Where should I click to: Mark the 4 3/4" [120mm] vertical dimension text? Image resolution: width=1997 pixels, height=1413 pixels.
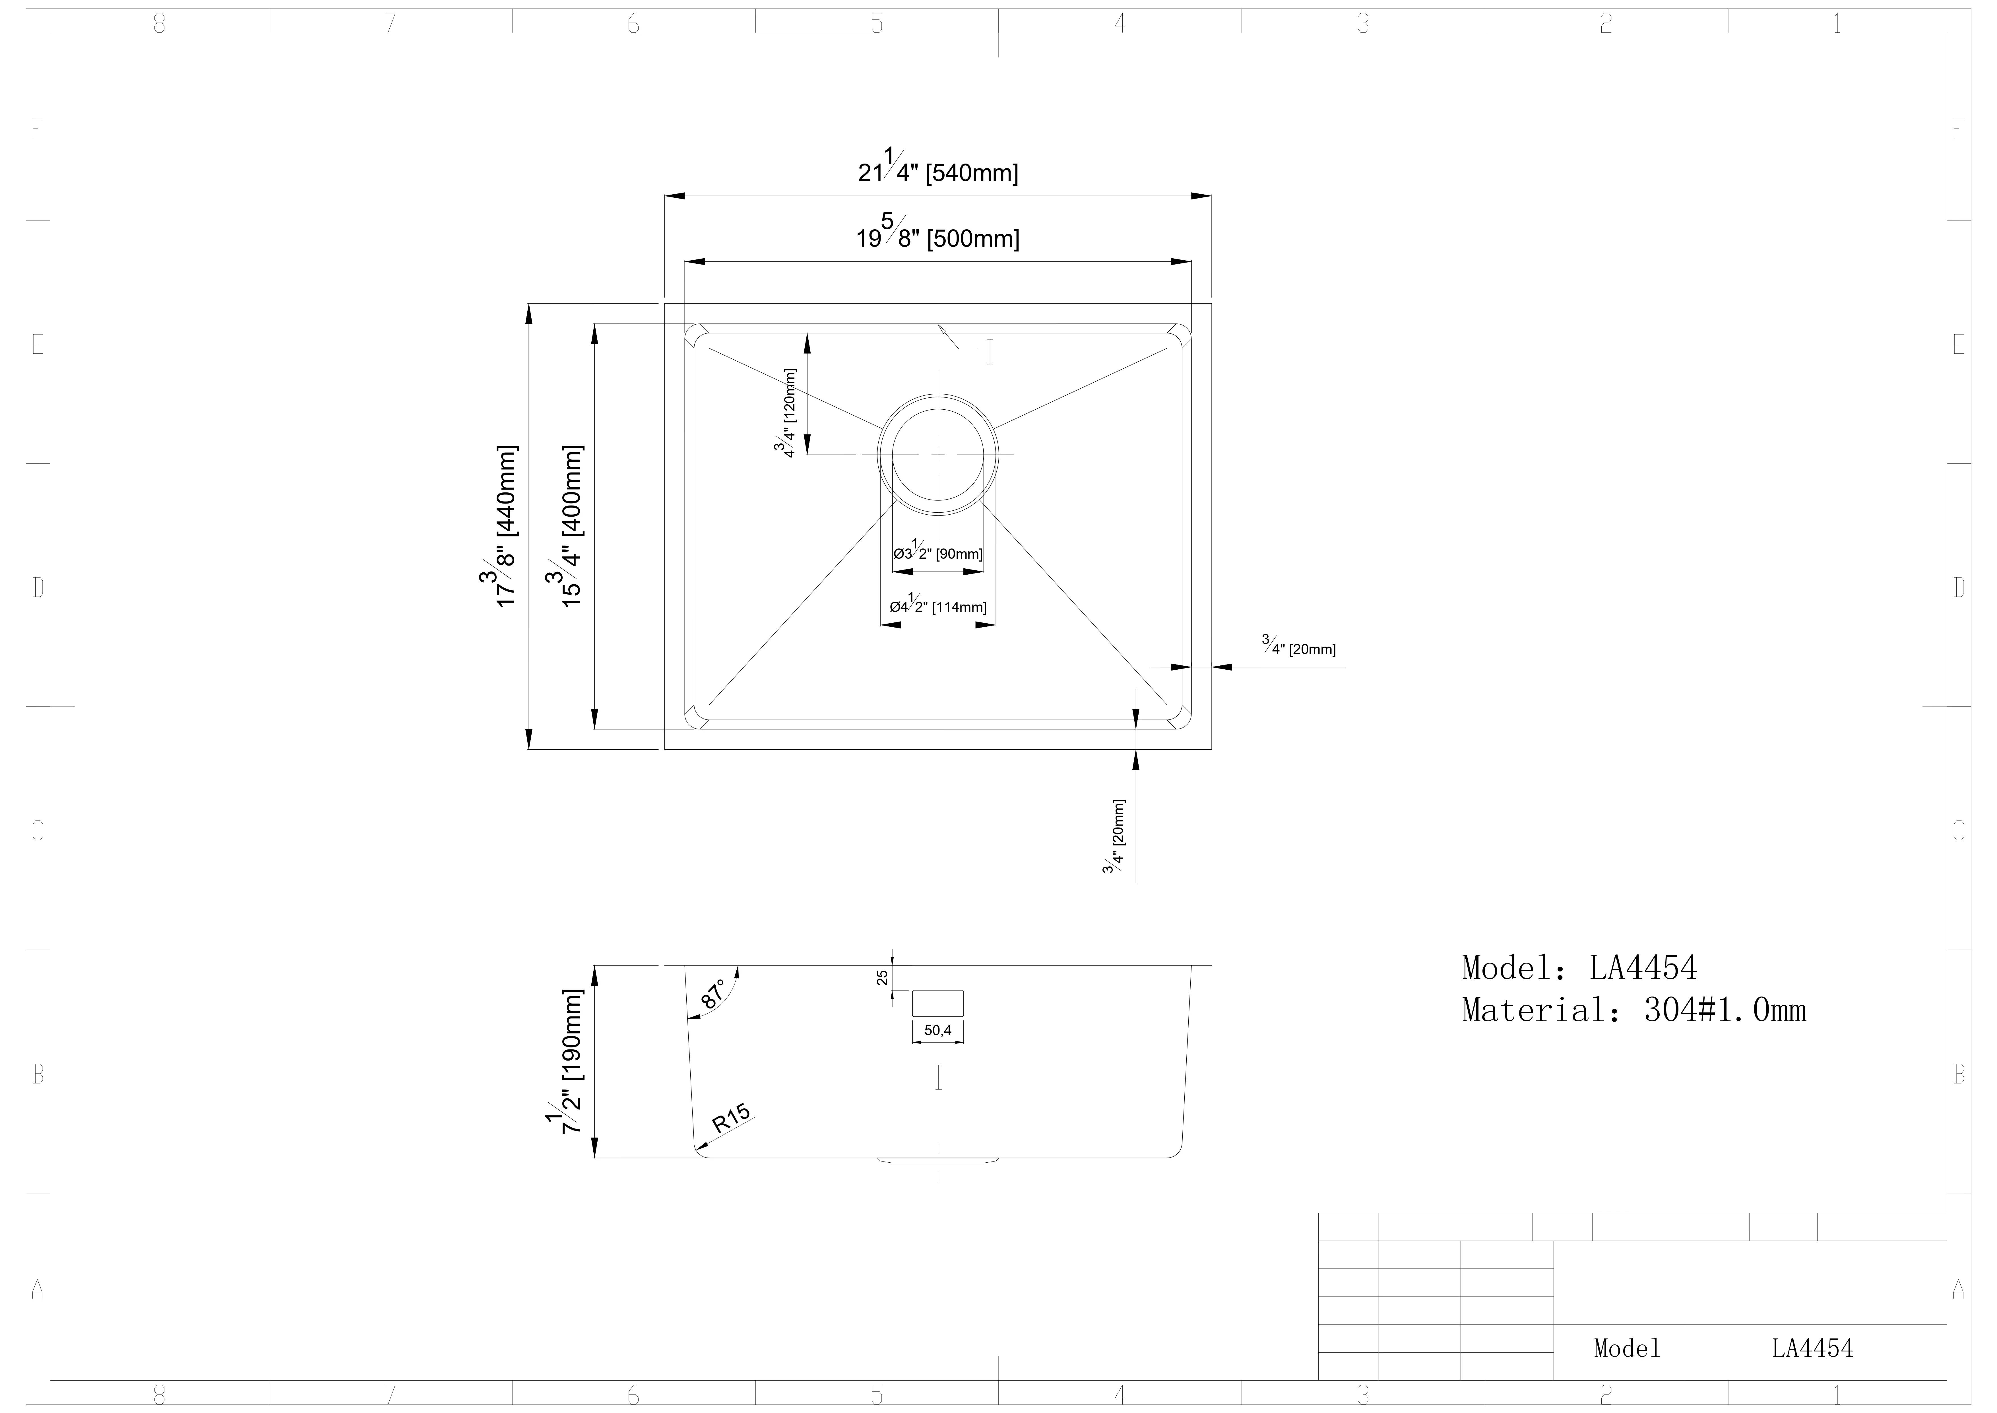coord(785,412)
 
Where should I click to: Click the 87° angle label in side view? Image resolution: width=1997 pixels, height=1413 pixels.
coord(713,995)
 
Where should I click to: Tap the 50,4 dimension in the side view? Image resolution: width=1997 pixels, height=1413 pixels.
coord(937,1031)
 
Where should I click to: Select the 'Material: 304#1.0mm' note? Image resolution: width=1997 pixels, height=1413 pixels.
coord(1633,1010)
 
